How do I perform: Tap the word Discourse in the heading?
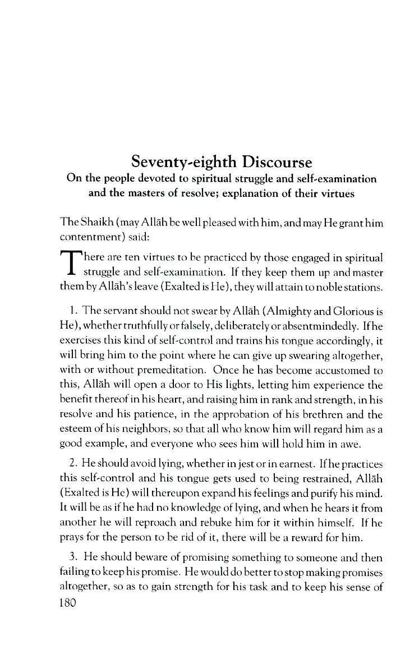[277, 162]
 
